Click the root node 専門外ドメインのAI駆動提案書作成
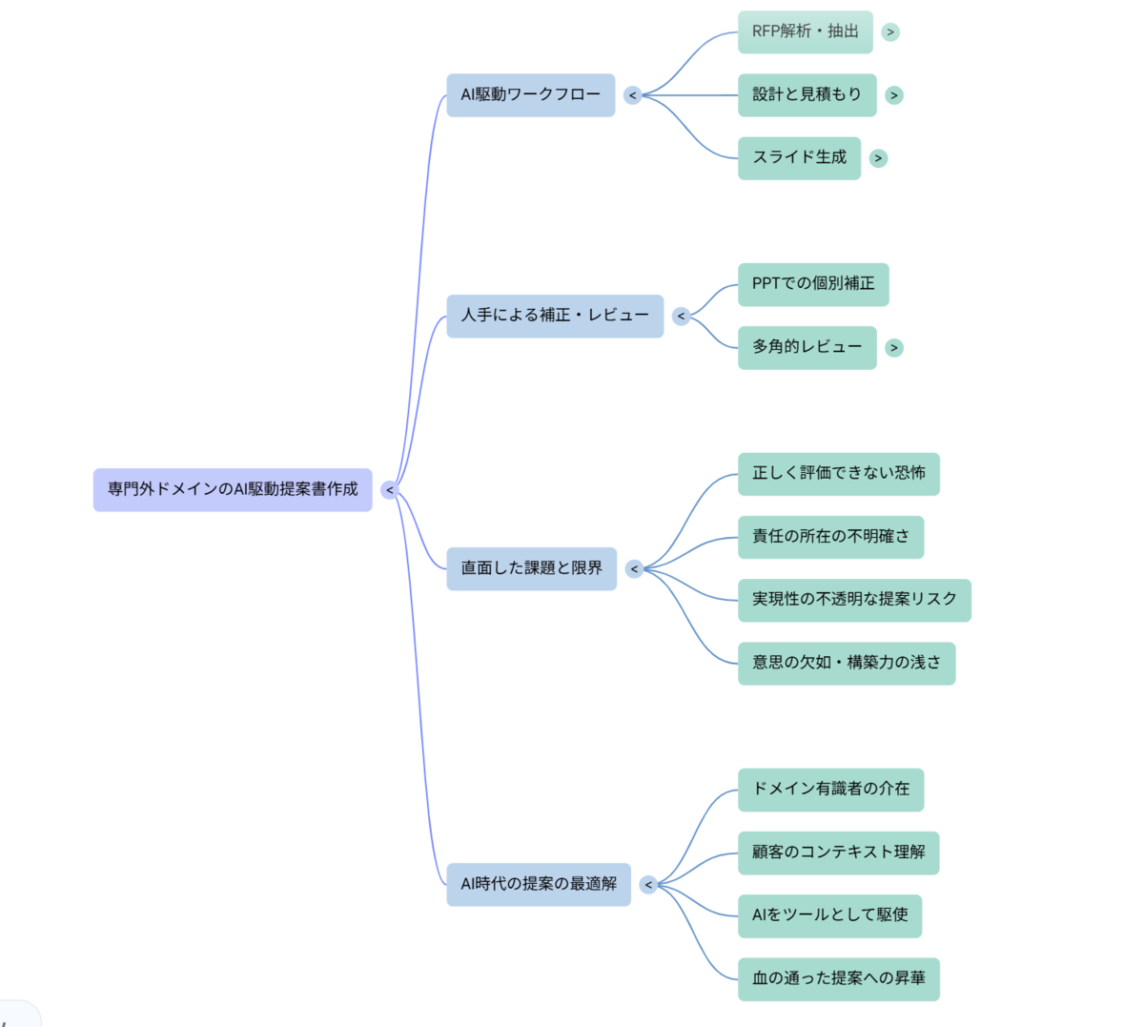click(233, 490)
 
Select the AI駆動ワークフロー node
click(531, 95)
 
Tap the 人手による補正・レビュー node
click(555, 316)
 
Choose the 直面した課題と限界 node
click(531, 569)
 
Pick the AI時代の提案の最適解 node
click(539, 885)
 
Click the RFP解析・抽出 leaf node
click(806, 32)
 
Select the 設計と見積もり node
click(807, 95)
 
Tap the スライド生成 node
click(800, 158)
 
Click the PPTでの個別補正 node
click(814, 284)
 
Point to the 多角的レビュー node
click(807, 347)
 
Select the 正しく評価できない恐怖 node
click(839, 474)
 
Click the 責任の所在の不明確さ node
click(831, 537)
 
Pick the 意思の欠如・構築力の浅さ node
click(847, 663)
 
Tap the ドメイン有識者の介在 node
click(831, 790)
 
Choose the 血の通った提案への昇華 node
click(839, 979)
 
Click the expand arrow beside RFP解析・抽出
click(890, 32)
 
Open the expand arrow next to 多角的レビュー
click(894, 347)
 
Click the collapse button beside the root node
click(390, 490)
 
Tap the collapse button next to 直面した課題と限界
click(634, 569)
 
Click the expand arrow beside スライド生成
click(879, 158)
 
